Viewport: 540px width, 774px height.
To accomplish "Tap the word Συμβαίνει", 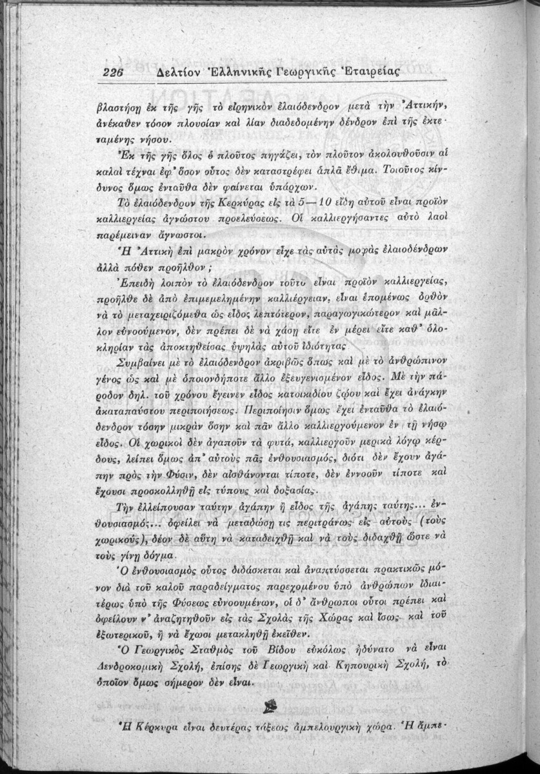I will coord(138,342).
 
